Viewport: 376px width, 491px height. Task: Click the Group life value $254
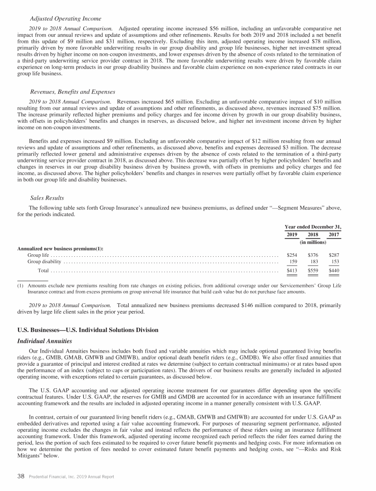[292, 255]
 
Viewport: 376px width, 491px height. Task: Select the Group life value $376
[313, 255]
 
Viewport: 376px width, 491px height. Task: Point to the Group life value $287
[333, 255]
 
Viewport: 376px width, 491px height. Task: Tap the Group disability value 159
[293, 262]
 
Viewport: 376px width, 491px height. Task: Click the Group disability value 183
[314, 262]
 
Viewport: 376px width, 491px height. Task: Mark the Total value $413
[292, 270]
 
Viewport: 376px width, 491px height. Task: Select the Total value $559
[313, 270]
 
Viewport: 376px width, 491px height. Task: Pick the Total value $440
[333, 270]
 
